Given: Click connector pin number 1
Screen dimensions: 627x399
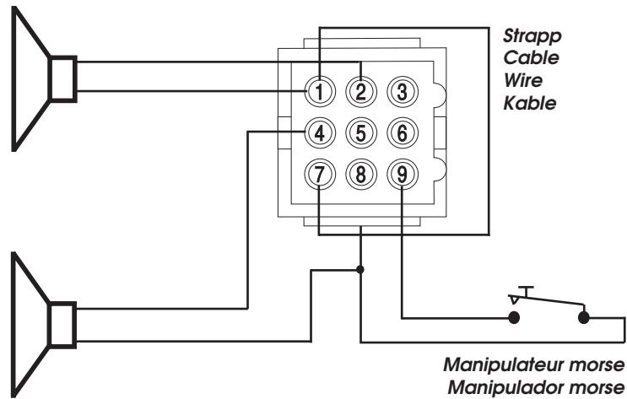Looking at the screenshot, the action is [320, 92].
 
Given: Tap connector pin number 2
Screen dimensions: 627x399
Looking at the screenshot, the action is [361, 92].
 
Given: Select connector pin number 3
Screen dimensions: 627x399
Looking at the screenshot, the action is [403, 92].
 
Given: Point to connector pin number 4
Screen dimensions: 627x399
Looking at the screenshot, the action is [320, 133].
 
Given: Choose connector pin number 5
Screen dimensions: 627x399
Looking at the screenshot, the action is [361, 133].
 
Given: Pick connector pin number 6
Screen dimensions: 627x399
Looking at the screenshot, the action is [403, 133].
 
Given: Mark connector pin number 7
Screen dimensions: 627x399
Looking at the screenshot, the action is [320, 175].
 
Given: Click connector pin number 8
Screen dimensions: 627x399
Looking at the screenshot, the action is [361, 175].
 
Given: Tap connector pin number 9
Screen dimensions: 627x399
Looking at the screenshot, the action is [403, 175].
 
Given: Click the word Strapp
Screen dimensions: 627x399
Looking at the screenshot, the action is [532, 37].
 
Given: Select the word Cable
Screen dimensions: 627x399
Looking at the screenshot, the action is [531, 57].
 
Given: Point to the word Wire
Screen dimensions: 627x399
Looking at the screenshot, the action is [523, 80].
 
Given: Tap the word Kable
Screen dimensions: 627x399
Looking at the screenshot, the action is [530, 103].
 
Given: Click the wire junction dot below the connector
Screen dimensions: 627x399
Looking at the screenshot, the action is [360, 269].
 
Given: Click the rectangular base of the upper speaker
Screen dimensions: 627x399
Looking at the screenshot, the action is [62, 78].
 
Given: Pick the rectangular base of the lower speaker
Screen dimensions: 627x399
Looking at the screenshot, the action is [62, 325].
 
